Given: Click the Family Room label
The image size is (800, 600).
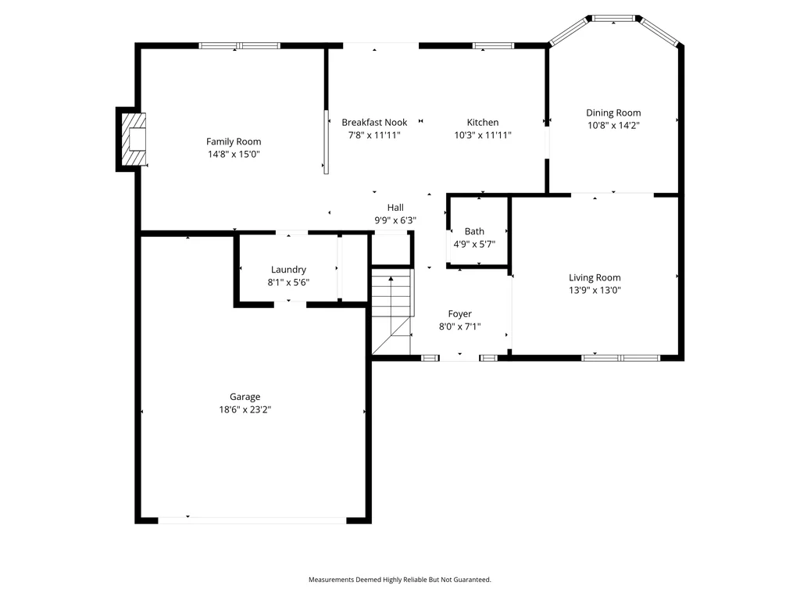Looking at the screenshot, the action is (x=234, y=141).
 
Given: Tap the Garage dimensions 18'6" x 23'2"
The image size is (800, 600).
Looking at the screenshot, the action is (x=245, y=409).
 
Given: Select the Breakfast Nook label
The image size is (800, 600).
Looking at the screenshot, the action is (x=374, y=123).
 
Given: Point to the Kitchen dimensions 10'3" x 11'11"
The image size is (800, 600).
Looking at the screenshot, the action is (x=483, y=135).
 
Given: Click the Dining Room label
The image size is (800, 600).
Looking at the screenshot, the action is (x=613, y=112).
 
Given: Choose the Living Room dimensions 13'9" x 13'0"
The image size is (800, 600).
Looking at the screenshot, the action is (x=595, y=291).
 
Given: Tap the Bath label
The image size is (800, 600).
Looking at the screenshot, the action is (x=474, y=231).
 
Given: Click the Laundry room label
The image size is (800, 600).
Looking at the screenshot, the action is (x=288, y=270).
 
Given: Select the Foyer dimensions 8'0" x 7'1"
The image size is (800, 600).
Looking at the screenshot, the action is (x=459, y=327).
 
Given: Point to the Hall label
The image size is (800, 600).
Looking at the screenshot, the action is (x=395, y=208).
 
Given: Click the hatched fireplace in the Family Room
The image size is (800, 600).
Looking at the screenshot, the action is (x=133, y=139).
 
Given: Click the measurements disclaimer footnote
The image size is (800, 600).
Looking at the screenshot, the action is (x=399, y=580).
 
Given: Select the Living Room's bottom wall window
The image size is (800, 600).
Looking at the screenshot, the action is (x=621, y=358).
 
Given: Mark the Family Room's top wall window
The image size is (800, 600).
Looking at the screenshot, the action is (x=239, y=46).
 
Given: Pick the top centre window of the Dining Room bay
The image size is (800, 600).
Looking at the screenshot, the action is (x=613, y=19).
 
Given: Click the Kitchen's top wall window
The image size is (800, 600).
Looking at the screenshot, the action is (x=494, y=46).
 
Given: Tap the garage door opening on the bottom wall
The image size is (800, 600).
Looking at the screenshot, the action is (x=252, y=520).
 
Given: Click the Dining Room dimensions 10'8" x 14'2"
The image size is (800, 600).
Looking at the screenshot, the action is (x=613, y=126).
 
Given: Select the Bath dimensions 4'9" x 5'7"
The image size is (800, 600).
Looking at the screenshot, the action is (x=474, y=244).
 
